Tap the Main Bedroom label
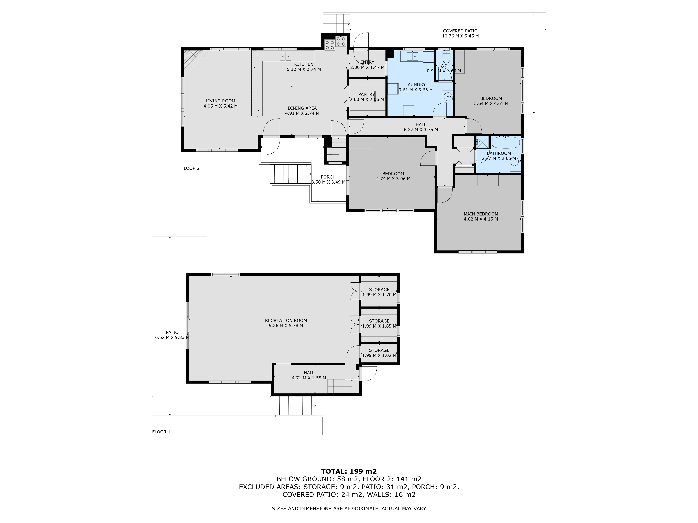(x=481, y=214)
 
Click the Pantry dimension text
(x=367, y=100)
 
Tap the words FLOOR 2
(x=190, y=168)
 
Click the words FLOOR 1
(x=161, y=432)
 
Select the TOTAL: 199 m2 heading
(x=349, y=471)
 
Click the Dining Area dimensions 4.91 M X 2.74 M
(x=302, y=113)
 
